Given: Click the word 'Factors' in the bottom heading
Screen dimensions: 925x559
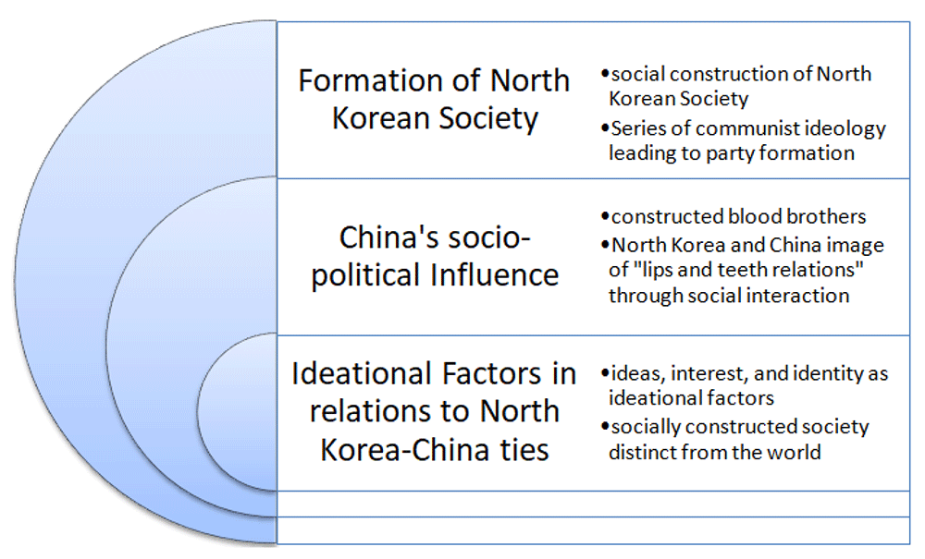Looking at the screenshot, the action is [491, 374].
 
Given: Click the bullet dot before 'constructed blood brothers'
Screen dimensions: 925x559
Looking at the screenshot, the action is [605, 217].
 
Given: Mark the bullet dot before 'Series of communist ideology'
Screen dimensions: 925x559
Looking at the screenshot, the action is [605, 128].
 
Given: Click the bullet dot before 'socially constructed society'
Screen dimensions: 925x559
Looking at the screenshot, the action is [605, 426].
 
